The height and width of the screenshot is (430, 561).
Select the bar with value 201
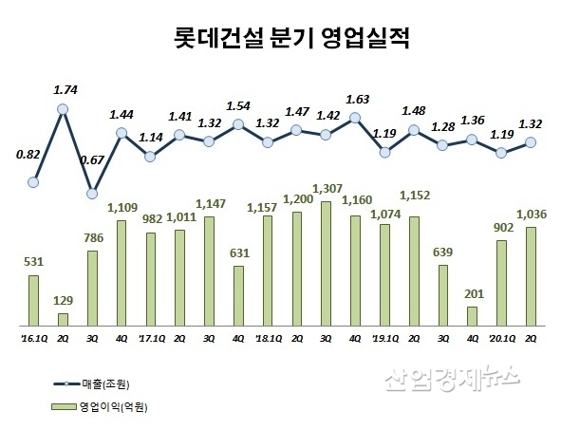coord(472,316)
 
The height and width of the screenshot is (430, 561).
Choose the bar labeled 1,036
coord(531,276)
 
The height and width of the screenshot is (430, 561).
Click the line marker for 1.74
coord(63,109)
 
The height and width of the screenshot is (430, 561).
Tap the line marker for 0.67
coord(92,193)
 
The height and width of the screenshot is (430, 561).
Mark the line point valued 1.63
coord(355,118)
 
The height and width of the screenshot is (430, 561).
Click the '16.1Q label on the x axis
coord(34,335)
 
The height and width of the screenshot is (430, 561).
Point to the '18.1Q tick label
coord(267,335)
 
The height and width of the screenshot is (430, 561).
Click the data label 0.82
coord(28,154)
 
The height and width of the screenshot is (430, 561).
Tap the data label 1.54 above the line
coord(238,105)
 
